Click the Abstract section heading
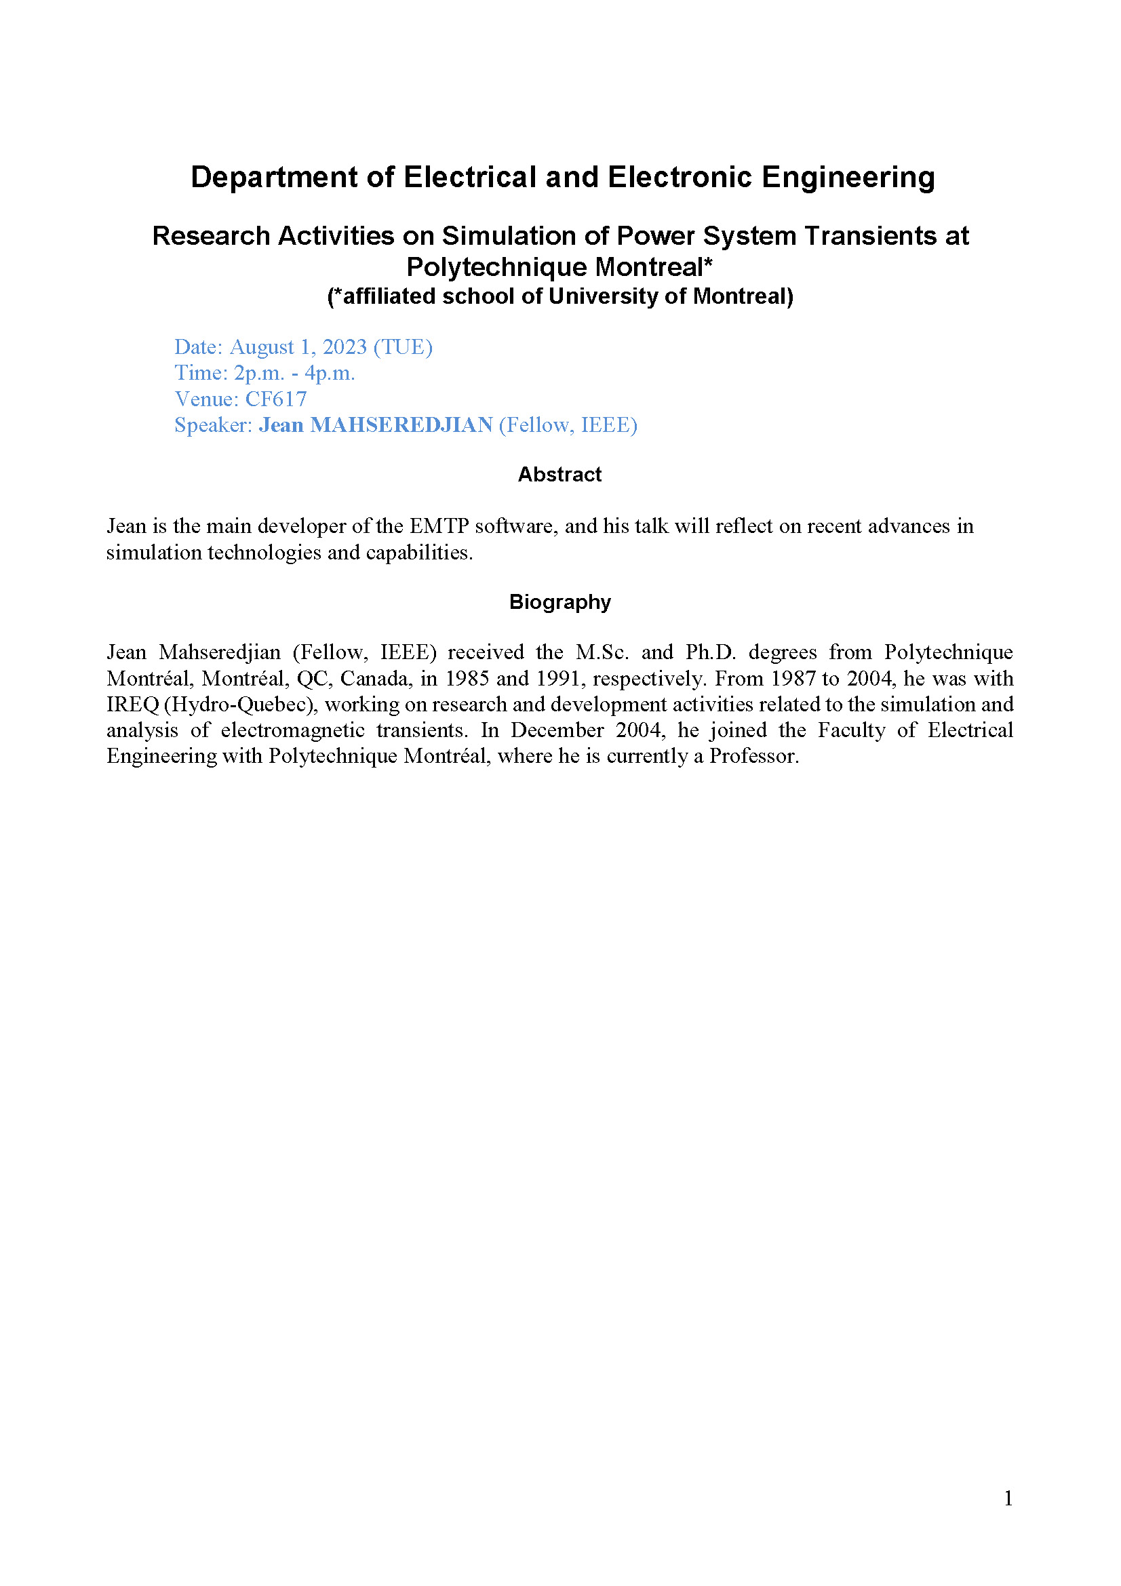(x=559, y=475)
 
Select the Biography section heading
(x=559, y=601)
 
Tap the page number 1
(x=1008, y=1499)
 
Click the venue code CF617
(x=275, y=399)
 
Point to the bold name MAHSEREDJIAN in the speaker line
(x=401, y=425)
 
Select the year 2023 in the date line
(x=345, y=346)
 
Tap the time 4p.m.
(x=330, y=373)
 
